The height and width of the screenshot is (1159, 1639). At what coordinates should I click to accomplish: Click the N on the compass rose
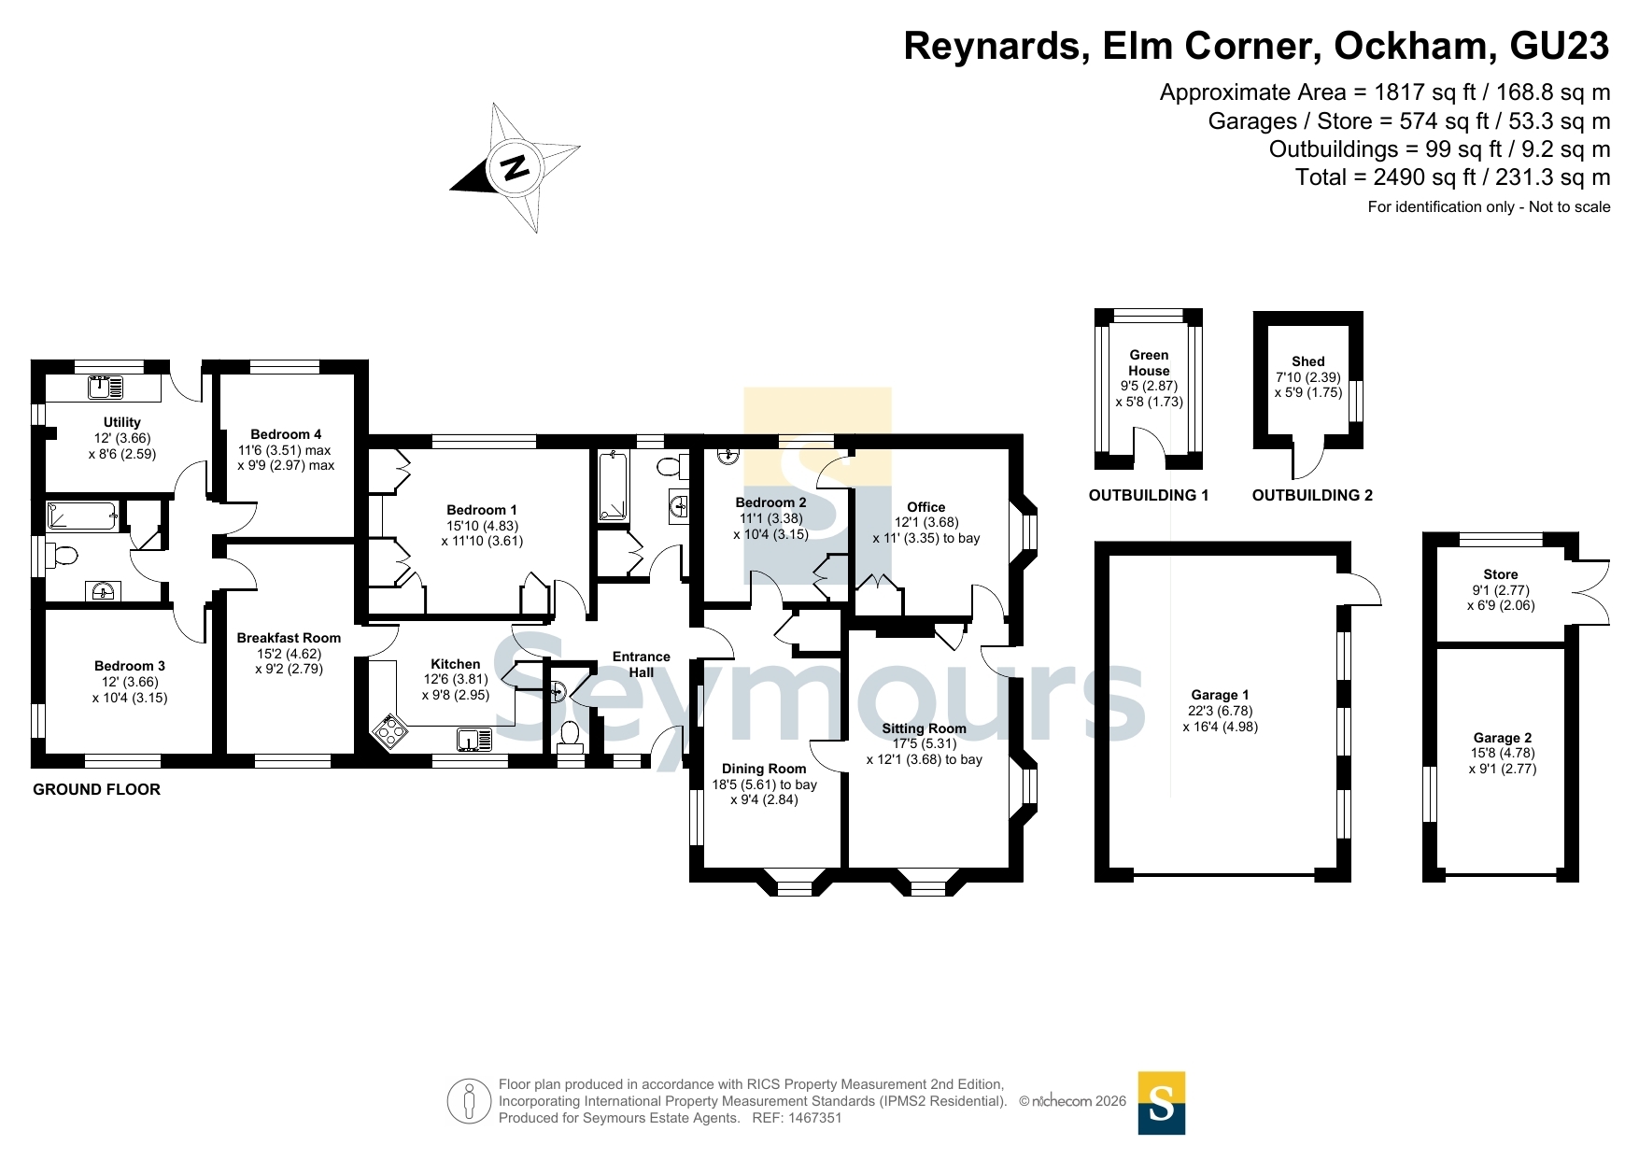[x=515, y=167]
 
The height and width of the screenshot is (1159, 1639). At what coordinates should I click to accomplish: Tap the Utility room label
[x=122, y=422]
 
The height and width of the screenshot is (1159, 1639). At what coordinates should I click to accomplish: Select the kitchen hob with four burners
[x=389, y=730]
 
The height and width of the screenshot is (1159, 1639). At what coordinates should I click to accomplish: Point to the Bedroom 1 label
[x=482, y=510]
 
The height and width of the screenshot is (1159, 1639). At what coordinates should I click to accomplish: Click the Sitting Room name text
[x=925, y=728]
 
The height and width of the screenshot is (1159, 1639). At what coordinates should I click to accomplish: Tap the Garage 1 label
[x=1220, y=695]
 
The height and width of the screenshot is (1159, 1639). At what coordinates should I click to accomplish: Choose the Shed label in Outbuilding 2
[x=1308, y=361]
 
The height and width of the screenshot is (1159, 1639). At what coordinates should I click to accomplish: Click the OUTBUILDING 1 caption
[x=1149, y=495]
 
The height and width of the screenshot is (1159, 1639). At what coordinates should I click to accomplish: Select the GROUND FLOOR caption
[x=97, y=789]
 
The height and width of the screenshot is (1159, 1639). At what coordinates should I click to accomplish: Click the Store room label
[x=1501, y=574]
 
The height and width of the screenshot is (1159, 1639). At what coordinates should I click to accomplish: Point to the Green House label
[x=1149, y=362]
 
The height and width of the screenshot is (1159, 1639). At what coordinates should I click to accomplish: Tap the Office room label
[x=926, y=507]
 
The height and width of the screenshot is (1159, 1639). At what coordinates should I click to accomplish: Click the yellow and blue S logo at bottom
[x=1162, y=1103]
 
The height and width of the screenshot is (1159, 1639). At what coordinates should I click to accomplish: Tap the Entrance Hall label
[x=642, y=664]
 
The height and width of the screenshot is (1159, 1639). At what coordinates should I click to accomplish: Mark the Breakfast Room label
[x=289, y=638]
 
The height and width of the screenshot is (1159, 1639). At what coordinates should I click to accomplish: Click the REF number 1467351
[x=816, y=1118]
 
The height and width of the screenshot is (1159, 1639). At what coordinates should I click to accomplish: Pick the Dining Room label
[x=764, y=769]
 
